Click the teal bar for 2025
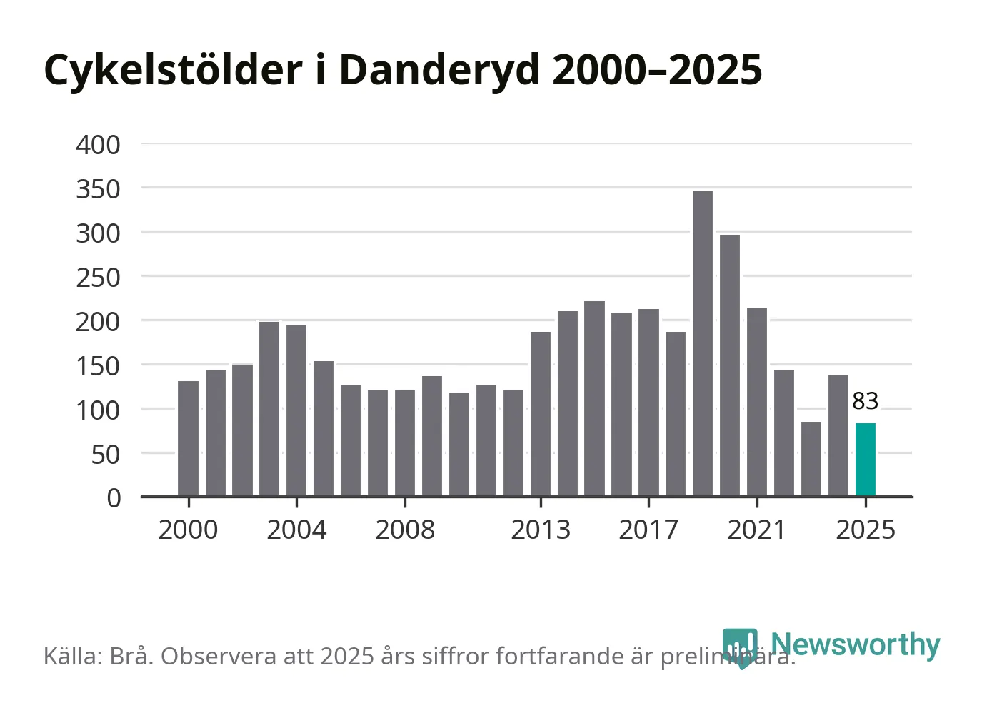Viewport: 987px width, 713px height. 865,460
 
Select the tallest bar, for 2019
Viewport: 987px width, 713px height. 703,343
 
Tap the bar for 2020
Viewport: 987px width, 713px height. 730,365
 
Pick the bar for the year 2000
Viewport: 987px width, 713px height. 188,438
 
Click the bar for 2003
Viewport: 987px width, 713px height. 269,408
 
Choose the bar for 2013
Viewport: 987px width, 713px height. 541,413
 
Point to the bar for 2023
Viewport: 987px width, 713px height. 811,458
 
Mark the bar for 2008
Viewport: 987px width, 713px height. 405,443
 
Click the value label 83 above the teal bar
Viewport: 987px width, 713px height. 865,401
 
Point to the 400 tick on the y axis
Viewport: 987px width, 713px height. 99,145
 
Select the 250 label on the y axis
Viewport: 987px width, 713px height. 99,278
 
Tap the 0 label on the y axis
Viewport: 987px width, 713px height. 114,498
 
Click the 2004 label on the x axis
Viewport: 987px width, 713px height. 296,530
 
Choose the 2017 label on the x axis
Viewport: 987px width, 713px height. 648,530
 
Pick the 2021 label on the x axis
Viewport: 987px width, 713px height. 756,530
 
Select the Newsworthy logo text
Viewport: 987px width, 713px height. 855,644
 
